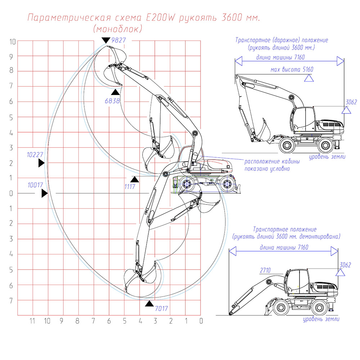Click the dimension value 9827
click(118, 40)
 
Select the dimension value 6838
click(112, 101)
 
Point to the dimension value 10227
click(35, 155)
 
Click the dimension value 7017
click(161, 308)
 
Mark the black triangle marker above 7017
click(149, 304)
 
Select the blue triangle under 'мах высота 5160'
click(308, 78)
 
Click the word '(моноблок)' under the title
click(117, 29)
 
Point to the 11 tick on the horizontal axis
click(32, 321)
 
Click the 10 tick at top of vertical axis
click(13, 41)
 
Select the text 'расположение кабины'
click(272, 162)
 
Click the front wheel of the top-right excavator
click(287, 145)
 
